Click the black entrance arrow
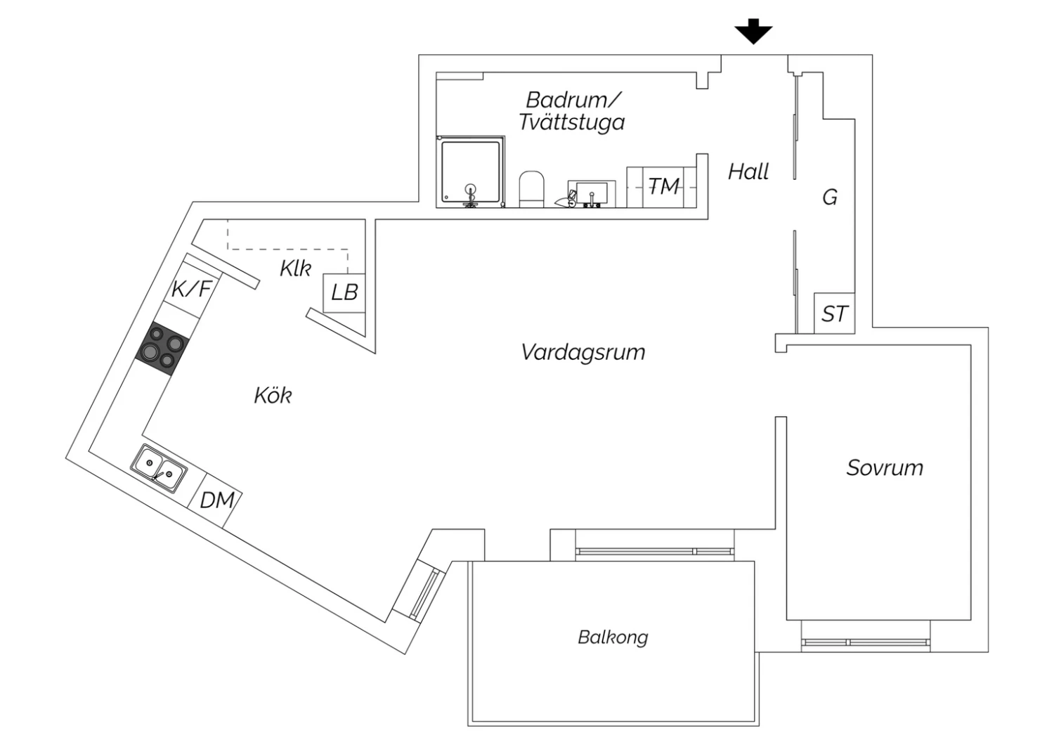(x=753, y=32)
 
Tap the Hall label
(x=748, y=171)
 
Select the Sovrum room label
(x=885, y=468)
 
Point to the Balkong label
(x=613, y=637)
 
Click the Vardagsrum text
(x=583, y=352)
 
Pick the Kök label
(x=273, y=396)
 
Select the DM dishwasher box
(x=216, y=500)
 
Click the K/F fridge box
(x=191, y=288)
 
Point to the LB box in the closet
(x=344, y=292)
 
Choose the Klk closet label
(x=295, y=268)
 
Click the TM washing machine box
(x=663, y=187)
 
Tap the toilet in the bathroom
(x=532, y=188)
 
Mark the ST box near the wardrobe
(x=835, y=313)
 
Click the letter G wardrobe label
(x=830, y=197)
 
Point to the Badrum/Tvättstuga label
(x=572, y=111)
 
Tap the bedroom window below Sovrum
(x=866, y=642)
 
